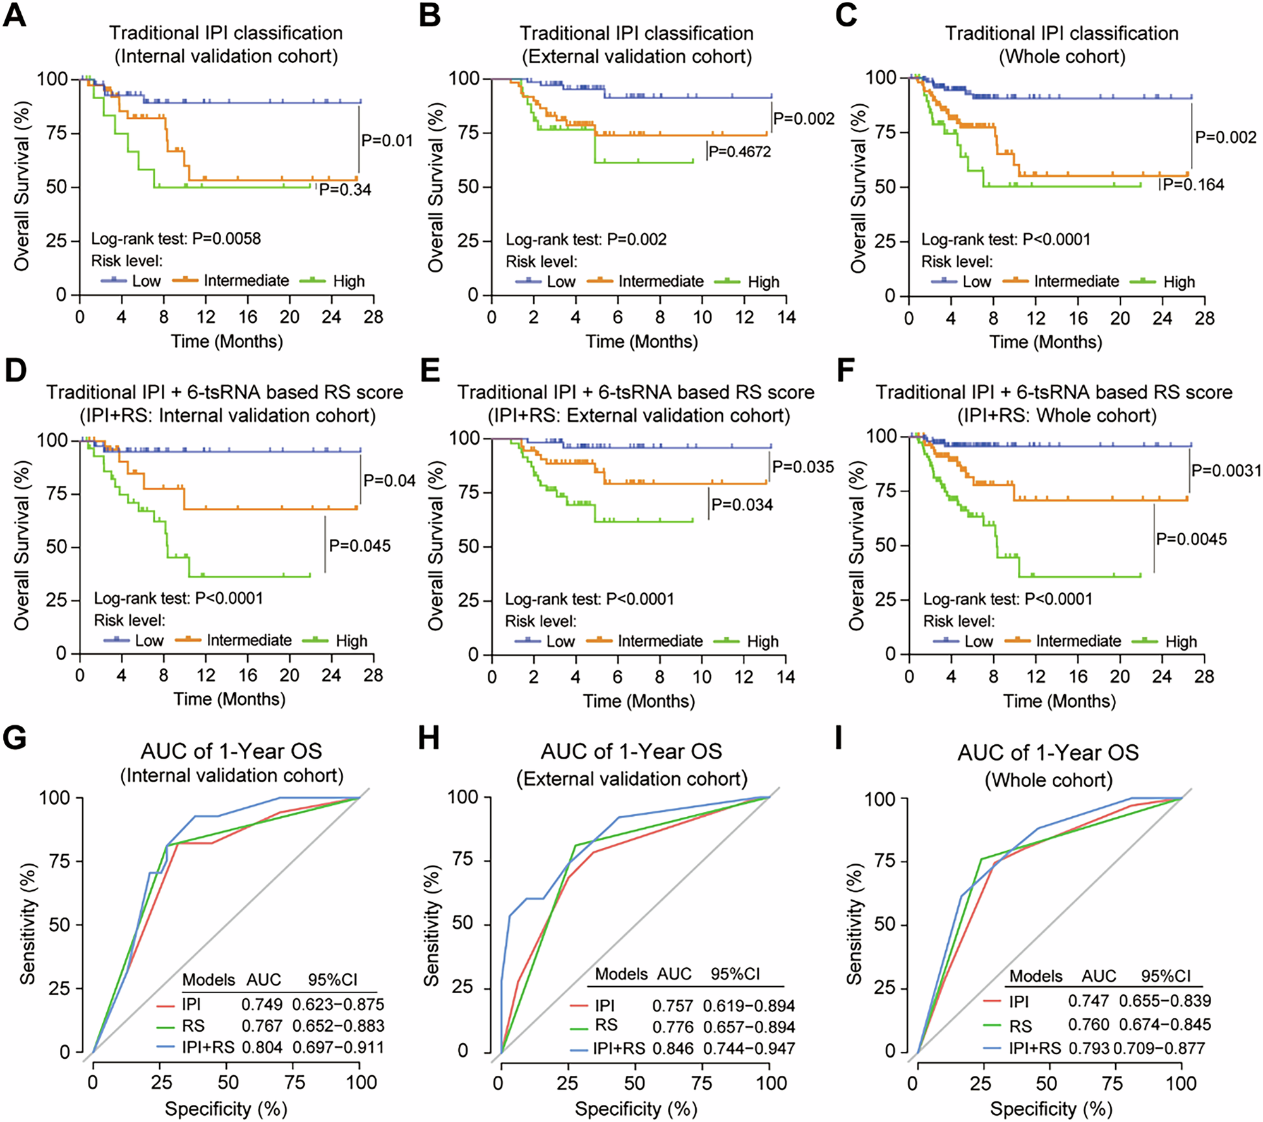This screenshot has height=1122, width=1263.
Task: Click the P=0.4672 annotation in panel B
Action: point(740,152)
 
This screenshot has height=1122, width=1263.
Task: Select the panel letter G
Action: point(15,737)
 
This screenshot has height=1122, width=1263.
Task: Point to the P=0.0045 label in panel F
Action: point(1192,539)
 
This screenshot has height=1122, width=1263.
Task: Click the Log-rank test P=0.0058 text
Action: point(176,239)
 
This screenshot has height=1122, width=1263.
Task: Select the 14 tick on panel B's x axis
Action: point(786,317)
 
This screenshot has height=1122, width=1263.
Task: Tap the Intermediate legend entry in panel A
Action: point(246,280)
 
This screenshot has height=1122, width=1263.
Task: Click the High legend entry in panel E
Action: point(763,641)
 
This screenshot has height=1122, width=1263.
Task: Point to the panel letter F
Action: point(847,371)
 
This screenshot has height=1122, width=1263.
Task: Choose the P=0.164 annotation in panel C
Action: point(1194,184)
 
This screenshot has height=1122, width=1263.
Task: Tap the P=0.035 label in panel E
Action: point(803,467)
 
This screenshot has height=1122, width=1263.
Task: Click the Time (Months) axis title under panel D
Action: point(229,699)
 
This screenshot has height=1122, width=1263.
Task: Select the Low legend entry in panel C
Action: point(976,282)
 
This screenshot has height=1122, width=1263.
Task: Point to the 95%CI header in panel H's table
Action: point(735,974)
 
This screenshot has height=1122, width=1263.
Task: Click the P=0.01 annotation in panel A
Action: point(387,140)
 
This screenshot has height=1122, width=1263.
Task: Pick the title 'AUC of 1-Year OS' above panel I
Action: point(1048,752)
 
